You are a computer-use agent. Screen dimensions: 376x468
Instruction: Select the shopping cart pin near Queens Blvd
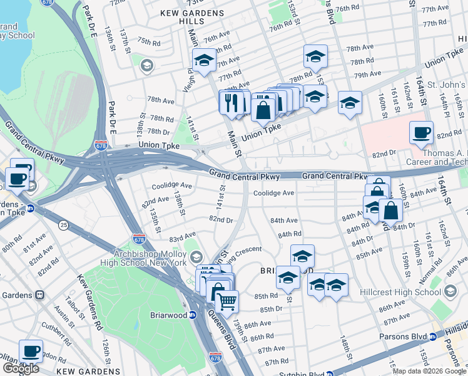point(227,301)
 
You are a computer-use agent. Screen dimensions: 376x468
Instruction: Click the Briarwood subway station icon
point(193,315)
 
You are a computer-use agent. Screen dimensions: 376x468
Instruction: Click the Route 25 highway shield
point(63,224)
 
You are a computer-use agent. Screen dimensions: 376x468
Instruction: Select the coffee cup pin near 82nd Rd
point(421,133)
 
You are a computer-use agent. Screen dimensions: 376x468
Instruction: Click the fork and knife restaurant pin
point(231,102)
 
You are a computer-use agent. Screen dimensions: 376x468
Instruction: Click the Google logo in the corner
point(20,368)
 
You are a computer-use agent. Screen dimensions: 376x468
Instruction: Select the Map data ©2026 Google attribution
point(429,370)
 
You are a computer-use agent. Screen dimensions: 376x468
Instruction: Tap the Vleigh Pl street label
point(187,80)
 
